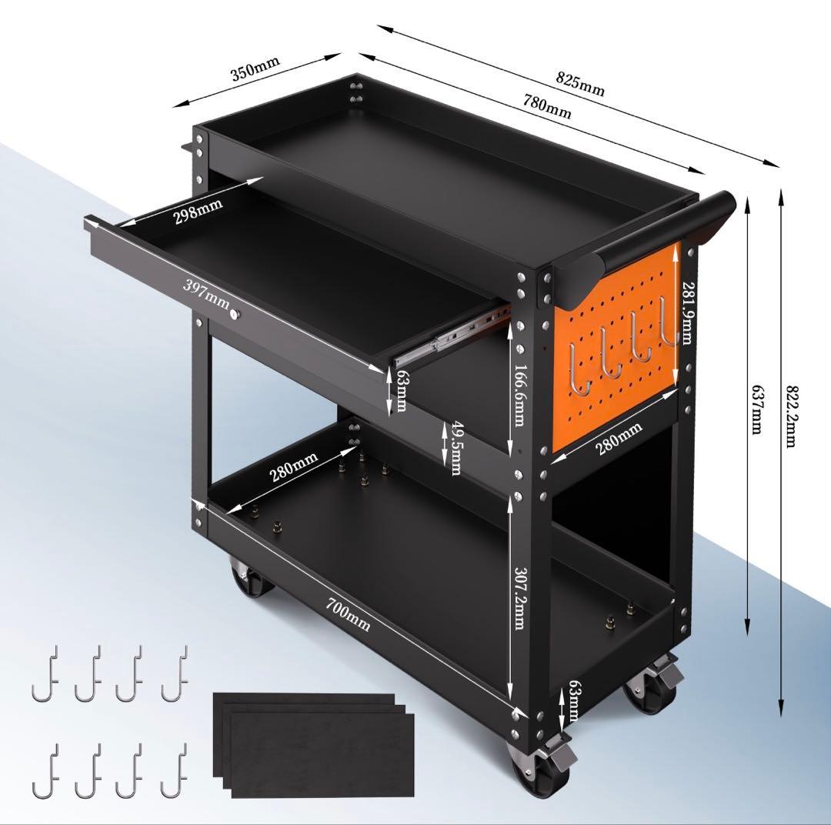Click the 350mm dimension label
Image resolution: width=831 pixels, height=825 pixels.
(255, 69)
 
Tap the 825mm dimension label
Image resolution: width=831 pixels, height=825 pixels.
(580, 84)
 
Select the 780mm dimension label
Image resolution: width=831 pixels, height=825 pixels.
(548, 106)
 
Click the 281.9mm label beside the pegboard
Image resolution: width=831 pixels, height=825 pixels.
(687, 313)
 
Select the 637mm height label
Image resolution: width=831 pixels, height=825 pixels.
(758, 409)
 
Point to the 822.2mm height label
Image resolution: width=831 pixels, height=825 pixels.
(791, 416)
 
